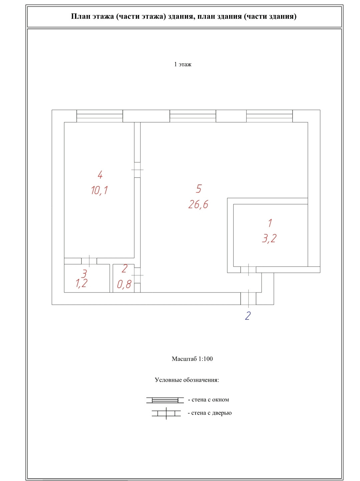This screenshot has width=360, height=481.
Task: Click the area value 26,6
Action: click(198, 204)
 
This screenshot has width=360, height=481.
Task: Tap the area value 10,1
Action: click(99, 190)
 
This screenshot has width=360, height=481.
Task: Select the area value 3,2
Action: click(269, 238)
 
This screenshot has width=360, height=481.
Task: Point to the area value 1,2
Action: click(81, 283)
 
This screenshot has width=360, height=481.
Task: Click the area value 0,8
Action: click(124, 284)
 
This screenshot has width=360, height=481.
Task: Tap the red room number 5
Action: click(199, 189)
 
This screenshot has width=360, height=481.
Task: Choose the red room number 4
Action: click(100, 174)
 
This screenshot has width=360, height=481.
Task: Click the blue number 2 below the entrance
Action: click(248, 316)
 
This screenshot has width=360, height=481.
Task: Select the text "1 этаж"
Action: click(183, 64)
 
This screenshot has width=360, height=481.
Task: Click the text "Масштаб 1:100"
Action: click(192, 359)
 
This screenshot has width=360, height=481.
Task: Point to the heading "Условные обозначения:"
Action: click(187, 380)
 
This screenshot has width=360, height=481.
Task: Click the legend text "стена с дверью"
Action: click(211, 413)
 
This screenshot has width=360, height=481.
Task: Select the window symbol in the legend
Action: click(165, 400)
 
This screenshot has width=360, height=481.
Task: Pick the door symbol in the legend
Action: click(166, 413)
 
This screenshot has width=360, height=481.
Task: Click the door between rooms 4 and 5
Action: click(137, 170)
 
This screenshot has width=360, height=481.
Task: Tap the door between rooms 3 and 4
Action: click(89, 261)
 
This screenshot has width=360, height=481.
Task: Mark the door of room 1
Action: click(249, 270)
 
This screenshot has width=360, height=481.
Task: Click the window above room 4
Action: click(100, 116)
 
